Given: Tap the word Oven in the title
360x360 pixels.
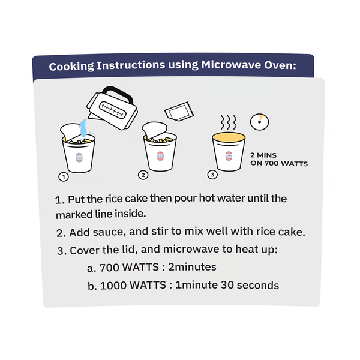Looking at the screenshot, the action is coord(280,65).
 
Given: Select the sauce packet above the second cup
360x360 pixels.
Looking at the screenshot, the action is coord(179,112).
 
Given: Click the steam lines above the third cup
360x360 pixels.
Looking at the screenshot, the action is coord(229,122).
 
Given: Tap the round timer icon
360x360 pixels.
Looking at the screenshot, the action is coord(259,122).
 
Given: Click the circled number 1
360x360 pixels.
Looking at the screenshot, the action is coord(64,177).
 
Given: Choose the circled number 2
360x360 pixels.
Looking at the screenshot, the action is coord(143,175).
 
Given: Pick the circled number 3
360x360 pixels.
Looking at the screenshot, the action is coord(212,175).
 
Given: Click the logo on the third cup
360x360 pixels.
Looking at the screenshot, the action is coord(229,156).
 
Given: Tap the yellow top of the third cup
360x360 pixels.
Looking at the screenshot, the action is coord(229,137).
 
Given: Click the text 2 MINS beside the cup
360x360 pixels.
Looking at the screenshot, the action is coord(263,155).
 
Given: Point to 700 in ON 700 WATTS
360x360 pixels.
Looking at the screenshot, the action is coord(272,163).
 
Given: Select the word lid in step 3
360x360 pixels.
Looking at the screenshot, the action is coord(130,250).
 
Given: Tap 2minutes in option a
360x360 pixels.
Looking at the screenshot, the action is coord(192,267).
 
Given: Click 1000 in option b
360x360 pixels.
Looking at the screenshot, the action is coord(113,286).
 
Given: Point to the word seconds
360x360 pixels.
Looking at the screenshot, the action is coord(258,285).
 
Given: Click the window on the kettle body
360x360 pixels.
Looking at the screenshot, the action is coord(113,110).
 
